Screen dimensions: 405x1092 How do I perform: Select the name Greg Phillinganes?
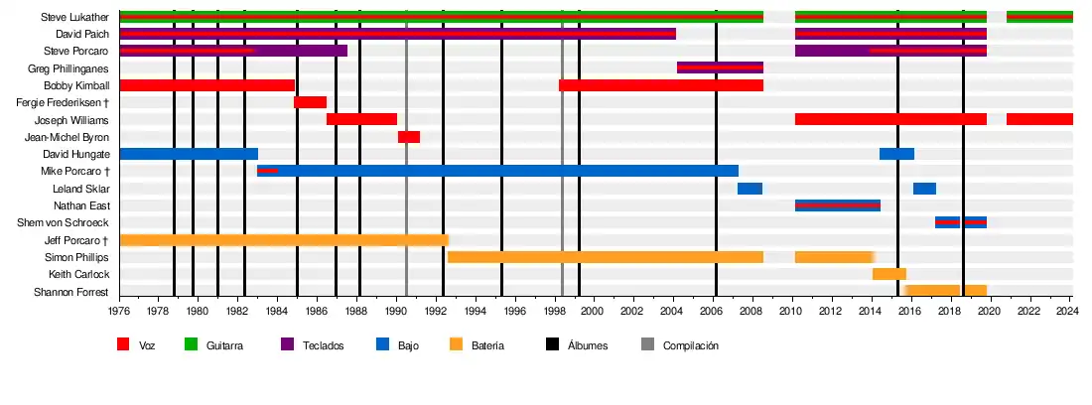tap(68, 68)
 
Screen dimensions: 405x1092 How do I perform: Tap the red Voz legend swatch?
tap(124, 344)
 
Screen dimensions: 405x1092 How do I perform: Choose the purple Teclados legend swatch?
tap(288, 344)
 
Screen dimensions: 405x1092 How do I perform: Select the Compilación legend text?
tap(690, 345)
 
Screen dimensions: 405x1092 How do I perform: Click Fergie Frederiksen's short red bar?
tap(310, 102)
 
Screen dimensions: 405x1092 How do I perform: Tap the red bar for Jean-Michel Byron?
tap(409, 137)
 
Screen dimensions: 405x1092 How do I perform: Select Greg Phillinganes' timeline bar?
tap(720, 67)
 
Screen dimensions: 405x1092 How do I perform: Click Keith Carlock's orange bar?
tap(889, 274)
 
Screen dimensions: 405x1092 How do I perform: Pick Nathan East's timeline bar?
tap(838, 205)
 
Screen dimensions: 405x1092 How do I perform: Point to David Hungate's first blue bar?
tap(189, 154)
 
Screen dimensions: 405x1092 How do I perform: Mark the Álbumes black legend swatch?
tap(553, 344)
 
